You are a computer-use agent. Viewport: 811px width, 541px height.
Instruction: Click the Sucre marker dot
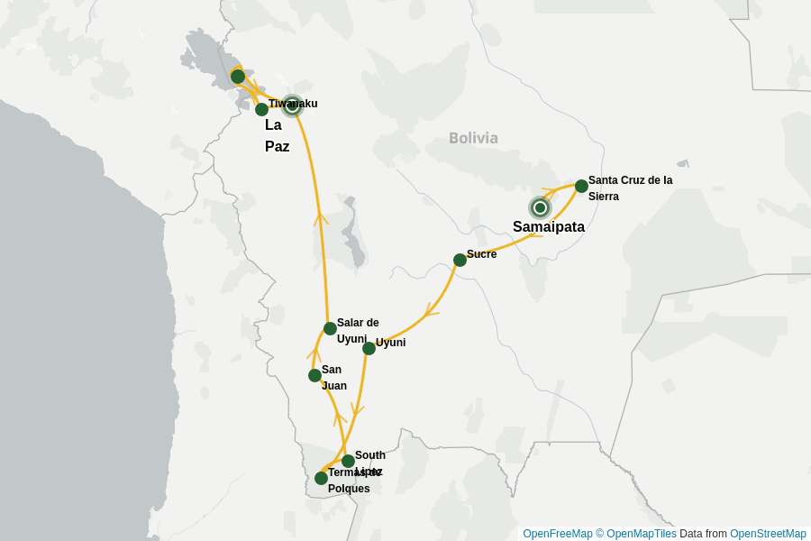point(460,260)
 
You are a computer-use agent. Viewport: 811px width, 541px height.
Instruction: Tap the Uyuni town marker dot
point(369,348)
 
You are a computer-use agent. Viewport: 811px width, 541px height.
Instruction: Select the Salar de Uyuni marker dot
point(330,328)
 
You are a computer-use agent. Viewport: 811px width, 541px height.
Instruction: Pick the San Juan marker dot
point(314,375)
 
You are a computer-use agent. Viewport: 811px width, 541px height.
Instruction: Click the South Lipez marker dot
point(348,461)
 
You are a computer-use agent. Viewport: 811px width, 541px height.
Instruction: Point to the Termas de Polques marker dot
point(321,478)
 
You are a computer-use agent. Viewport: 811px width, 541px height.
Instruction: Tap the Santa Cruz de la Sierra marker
point(581,186)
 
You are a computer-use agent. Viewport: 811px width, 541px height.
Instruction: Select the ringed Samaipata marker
point(540,207)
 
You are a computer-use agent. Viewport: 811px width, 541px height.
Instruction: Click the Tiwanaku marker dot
point(261,109)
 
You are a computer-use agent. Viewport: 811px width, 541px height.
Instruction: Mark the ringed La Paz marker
point(291,105)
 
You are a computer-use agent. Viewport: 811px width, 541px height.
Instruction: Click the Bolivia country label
point(473,138)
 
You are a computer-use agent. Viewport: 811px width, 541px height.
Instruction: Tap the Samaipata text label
point(549,227)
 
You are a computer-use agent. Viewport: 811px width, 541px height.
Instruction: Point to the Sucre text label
point(482,254)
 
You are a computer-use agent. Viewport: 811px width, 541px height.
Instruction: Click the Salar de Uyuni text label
point(358,330)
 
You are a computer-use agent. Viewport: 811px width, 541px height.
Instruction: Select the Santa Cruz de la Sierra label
point(630,188)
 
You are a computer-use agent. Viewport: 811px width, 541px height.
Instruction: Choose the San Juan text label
point(333,378)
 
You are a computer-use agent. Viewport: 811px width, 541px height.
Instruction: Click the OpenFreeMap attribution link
point(558,534)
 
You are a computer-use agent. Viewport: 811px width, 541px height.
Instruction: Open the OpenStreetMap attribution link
point(768,534)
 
